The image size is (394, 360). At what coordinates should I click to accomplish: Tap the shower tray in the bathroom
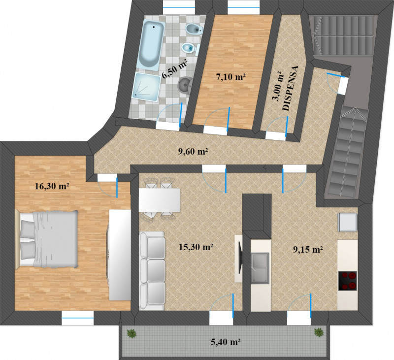(147, 87)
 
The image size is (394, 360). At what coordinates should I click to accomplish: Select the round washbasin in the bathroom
(186, 84)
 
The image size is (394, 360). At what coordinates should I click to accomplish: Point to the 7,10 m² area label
(230, 77)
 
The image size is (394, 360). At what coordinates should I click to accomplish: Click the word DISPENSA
(291, 88)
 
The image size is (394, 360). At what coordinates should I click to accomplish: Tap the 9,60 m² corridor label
(193, 151)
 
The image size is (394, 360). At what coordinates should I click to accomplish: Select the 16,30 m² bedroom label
(52, 186)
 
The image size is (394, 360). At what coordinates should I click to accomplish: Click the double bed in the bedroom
(46, 238)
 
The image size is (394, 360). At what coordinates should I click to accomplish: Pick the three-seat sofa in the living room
(152, 271)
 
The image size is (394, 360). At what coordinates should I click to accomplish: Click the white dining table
(159, 200)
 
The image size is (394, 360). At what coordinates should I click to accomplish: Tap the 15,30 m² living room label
(196, 247)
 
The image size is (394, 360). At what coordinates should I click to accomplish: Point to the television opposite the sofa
(240, 257)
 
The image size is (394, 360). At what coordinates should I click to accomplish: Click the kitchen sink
(260, 268)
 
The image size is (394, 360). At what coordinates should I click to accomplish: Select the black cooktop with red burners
(348, 281)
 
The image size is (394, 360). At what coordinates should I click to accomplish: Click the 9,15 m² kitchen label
(308, 249)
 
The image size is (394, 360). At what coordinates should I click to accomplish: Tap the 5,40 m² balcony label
(226, 342)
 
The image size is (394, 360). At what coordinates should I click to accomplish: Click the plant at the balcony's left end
(131, 333)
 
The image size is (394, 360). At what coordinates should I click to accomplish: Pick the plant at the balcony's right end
(319, 332)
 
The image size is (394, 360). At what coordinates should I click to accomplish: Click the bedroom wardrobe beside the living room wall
(120, 255)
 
